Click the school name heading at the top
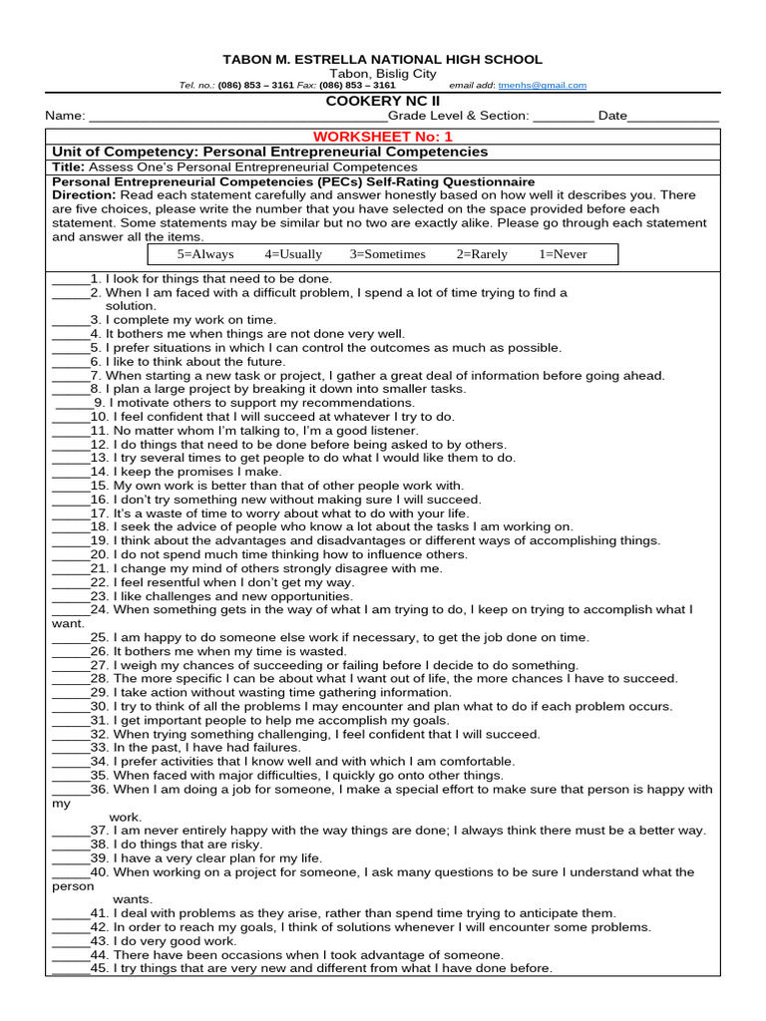coord(383,60)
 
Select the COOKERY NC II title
coord(383,102)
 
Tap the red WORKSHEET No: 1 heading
coord(383,136)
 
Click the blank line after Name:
coord(229,118)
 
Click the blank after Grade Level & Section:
coord(564,118)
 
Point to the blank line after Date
coord(673,118)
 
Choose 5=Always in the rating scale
coord(205,254)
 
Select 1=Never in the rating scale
coord(563,254)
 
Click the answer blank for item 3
coord(70,321)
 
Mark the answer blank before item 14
coord(70,473)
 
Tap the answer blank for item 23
coord(70,596)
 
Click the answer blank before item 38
coord(70,845)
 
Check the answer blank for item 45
coord(70,969)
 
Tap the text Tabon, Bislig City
coord(383,75)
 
